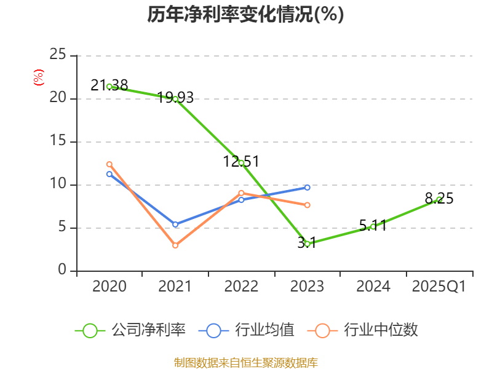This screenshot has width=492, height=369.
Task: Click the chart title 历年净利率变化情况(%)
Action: (245, 15)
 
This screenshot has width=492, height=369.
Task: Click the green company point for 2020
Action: (109, 87)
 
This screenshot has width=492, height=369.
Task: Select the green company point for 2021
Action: (175, 99)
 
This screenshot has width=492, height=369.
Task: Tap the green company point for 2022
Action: (241, 163)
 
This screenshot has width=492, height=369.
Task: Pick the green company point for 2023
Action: (307, 244)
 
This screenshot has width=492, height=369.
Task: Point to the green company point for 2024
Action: (373, 226)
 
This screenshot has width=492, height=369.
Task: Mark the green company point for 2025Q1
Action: (439, 199)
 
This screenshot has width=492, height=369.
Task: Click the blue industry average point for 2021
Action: (175, 224)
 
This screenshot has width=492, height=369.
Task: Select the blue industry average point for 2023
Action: (307, 187)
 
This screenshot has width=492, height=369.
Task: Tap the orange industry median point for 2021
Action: (175, 245)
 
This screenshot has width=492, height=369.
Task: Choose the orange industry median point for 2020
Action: (109, 164)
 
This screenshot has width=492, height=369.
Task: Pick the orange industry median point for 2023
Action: (307, 205)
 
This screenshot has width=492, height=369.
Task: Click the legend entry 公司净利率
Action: (130, 330)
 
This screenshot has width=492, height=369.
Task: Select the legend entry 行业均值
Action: (247, 330)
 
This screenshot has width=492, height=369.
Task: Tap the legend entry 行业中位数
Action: (367, 330)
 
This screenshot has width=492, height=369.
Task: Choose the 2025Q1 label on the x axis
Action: (439, 287)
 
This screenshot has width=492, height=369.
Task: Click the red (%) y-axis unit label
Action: (39, 78)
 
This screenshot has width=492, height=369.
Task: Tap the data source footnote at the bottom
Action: (245, 362)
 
